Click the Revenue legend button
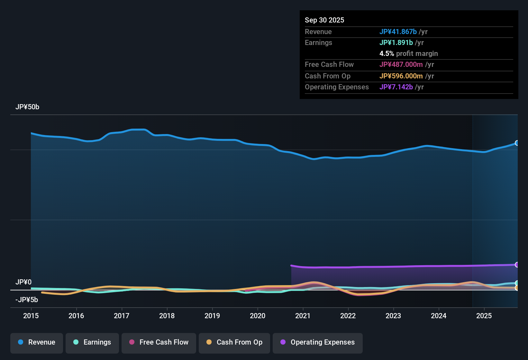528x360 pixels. point(37,342)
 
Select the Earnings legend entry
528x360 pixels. point(92,342)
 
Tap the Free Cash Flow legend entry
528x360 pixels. point(159,342)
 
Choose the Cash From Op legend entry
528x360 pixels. point(234,342)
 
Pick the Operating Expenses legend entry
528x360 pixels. point(318,342)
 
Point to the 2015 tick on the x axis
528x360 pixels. point(31,316)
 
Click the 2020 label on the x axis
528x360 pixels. point(258,316)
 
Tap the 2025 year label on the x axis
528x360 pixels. point(484,316)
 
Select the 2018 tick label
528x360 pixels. point(167,316)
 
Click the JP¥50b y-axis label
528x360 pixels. point(27,107)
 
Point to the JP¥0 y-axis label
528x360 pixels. point(23,282)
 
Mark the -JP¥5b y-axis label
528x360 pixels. point(27,300)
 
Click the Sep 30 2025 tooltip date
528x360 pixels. point(324,20)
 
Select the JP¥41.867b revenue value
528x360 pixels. point(398,32)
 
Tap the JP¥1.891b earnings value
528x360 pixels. point(396,43)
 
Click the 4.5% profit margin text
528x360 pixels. point(409,54)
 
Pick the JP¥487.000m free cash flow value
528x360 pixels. point(401,65)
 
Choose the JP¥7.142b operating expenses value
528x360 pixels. point(396,87)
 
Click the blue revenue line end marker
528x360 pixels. point(517,143)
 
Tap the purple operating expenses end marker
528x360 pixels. point(517,265)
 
